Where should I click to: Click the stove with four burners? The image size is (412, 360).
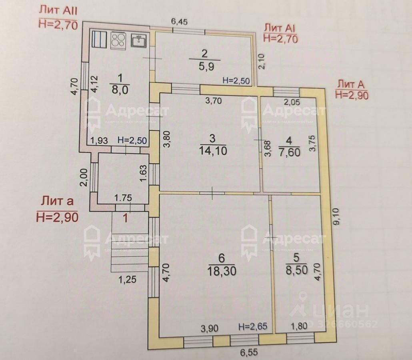118,40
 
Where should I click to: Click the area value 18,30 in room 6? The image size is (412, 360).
222,271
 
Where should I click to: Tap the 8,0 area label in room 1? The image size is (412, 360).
120,89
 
